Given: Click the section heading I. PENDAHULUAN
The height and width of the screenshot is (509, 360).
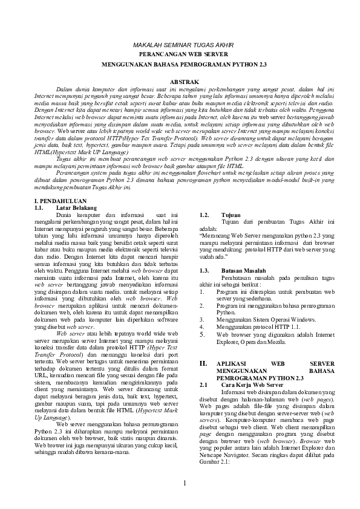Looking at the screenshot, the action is (62, 201).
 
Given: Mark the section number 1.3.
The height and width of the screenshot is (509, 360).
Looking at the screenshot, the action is (205, 271).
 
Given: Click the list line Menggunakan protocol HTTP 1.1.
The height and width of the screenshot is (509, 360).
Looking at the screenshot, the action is (254, 326).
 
